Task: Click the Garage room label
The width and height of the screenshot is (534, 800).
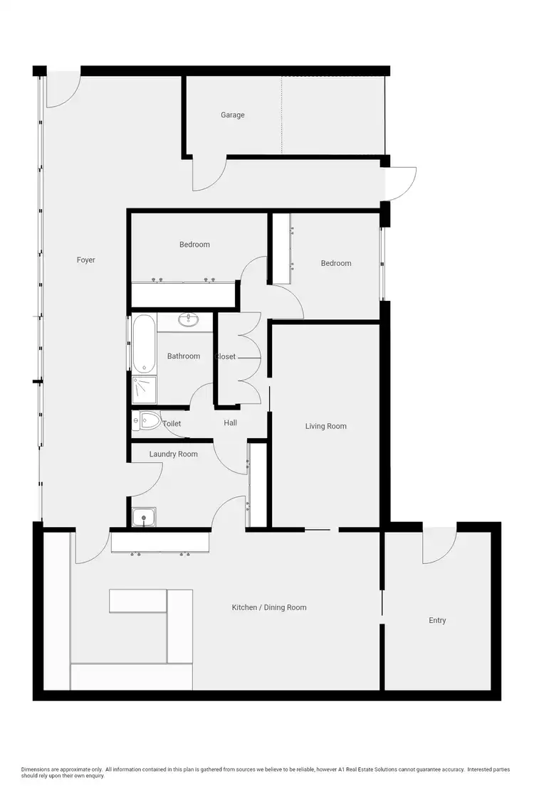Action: (232, 114)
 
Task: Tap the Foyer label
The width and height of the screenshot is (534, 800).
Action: (85, 260)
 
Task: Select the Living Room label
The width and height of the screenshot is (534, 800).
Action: (325, 427)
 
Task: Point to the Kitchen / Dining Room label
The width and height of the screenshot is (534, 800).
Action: (269, 607)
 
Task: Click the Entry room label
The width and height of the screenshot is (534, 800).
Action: (437, 621)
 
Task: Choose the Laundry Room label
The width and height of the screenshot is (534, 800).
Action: (173, 454)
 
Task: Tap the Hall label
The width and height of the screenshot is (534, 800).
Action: (230, 423)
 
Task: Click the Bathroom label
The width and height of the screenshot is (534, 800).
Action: (184, 356)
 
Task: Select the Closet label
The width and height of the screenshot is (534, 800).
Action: (226, 356)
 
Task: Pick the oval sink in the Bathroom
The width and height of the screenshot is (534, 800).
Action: (190, 320)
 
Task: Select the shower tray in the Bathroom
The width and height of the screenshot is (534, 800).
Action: (144, 390)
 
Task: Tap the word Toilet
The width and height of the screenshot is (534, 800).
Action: (172, 424)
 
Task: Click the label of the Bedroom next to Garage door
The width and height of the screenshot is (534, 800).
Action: (194, 245)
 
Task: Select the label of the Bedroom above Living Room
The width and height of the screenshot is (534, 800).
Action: (336, 263)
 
